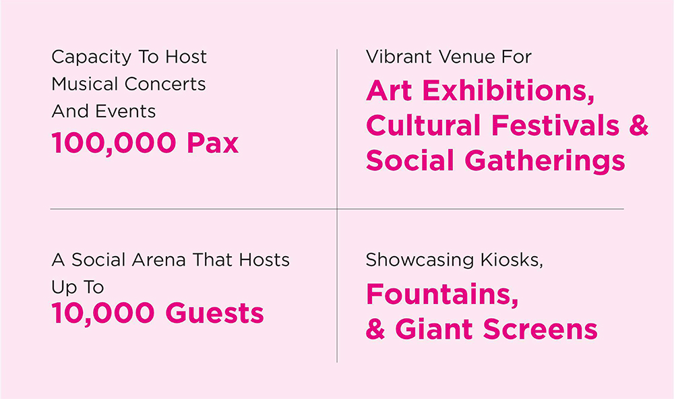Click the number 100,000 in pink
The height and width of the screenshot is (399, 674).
pyautogui.click(x=114, y=143)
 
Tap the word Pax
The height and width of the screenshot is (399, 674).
pyautogui.click(x=213, y=143)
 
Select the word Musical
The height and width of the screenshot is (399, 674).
pyautogui.click(x=84, y=84)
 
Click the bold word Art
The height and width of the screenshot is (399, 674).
pyautogui.click(x=389, y=91)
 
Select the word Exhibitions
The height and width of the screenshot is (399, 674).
pyautogui.click(x=508, y=91)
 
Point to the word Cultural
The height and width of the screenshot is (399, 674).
pyautogui.click(x=423, y=125)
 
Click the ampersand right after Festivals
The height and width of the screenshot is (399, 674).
pyautogui.click(x=639, y=125)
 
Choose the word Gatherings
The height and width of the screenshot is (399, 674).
pyautogui.click(x=545, y=161)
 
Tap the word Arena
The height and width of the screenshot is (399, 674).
pyautogui.click(x=158, y=259)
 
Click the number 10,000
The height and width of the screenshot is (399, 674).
pyautogui.click(x=103, y=313)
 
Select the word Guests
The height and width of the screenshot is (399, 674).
pyautogui.click(x=214, y=313)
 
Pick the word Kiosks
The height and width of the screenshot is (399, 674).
pyautogui.click(x=512, y=260)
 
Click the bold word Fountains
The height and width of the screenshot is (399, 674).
pyautogui.click(x=442, y=295)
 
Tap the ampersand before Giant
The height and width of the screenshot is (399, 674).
pyautogui.click(x=375, y=330)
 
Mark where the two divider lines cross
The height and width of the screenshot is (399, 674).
pyautogui.click(x=337, y=209)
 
